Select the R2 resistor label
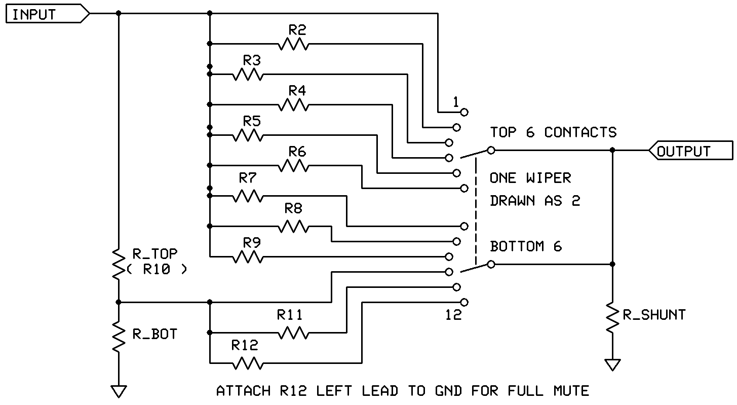297,30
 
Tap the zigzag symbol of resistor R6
293,165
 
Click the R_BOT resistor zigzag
119,337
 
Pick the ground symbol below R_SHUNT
612,365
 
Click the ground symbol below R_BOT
119,391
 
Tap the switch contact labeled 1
464,113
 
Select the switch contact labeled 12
464,302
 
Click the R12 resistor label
245,345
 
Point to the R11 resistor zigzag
293,333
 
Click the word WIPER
549,178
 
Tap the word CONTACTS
580,132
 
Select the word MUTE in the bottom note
571,391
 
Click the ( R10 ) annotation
157,270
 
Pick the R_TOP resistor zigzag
119,265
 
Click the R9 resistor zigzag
248,257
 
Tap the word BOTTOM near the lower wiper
517,247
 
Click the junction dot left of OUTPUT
612,150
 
